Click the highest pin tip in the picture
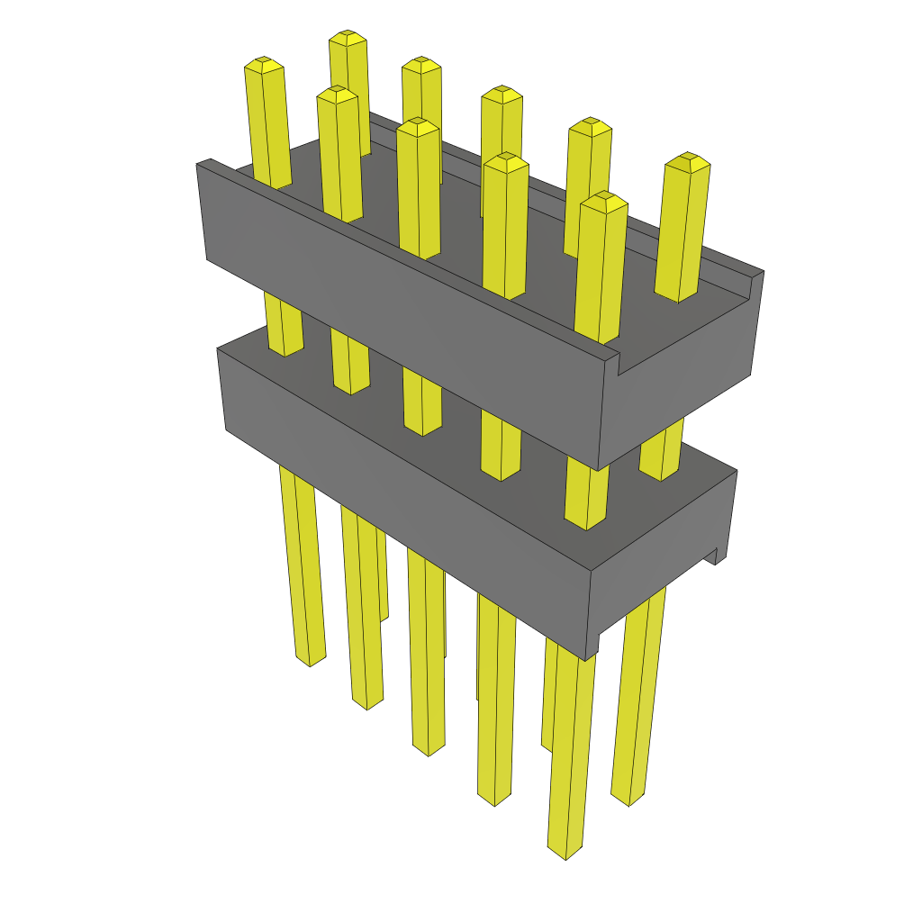tap(348, 38)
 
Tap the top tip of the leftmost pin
tap(264, 65)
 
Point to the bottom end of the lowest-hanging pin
tap(564, 851)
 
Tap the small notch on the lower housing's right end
tap(719, 557)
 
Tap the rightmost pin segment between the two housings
tap(661, 455)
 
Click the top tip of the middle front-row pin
tap(417, 127)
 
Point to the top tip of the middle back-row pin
tap(502, 94)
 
